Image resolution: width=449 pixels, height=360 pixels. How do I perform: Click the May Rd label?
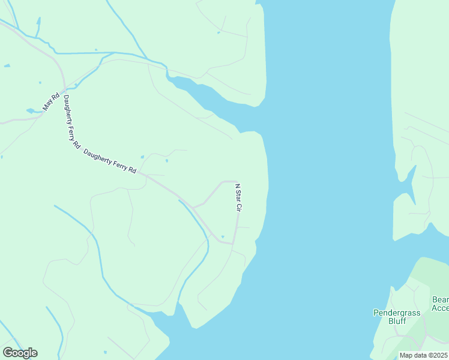point(52,101)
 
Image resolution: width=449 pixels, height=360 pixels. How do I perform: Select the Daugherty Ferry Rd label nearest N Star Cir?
point(110,161)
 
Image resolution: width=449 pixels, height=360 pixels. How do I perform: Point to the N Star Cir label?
point(238,197)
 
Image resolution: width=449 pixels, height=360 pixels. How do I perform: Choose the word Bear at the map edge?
point(440,299)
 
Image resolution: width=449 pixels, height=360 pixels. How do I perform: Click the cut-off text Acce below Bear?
point(440,308)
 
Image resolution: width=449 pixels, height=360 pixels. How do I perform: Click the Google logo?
point(20,353)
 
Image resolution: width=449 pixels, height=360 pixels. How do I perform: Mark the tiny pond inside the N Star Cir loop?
point(223,236)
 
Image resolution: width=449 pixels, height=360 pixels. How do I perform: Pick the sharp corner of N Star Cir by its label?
point(237,181)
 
